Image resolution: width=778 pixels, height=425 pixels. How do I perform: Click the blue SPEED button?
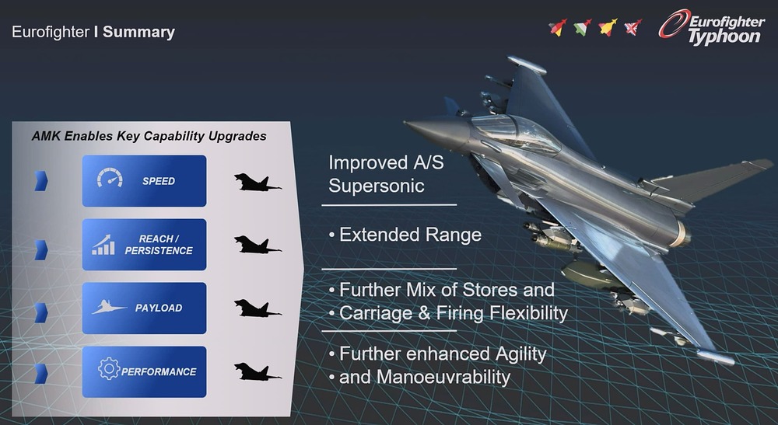tap(144, 181)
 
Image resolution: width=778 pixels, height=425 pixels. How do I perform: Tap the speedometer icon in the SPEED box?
tap(110, 177)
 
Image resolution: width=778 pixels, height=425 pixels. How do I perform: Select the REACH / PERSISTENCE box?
tap(144, 245)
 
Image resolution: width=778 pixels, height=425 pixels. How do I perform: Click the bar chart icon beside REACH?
tap(103, 245)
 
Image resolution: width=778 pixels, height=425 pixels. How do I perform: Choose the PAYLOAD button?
tap(144, 308)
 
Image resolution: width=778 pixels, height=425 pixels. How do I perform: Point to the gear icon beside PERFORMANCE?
tap(109, 368)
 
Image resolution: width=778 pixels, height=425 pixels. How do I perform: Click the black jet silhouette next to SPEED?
tap(257, 183)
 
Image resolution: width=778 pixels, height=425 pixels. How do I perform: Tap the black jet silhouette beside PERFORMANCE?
tap(257, 371)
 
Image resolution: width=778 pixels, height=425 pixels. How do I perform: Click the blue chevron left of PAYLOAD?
tap(41, 313)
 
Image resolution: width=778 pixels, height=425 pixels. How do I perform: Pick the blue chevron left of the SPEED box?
tap(41, 181)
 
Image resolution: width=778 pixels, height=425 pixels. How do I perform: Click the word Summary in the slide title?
tap(139, 32)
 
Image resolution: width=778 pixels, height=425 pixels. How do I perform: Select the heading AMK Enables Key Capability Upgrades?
tap(149, 136)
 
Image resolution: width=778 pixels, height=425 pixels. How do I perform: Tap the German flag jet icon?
tap(558, 27)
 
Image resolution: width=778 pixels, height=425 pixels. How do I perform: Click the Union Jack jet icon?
tap(633, 27)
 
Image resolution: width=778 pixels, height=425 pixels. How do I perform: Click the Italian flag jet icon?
tap(583, 27)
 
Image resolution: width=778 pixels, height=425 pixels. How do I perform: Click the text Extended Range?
tap(410, 235)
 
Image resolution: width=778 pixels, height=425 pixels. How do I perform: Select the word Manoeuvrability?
tap(443, 378)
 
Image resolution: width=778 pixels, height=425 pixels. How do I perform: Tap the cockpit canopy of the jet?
tap(516, 133)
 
